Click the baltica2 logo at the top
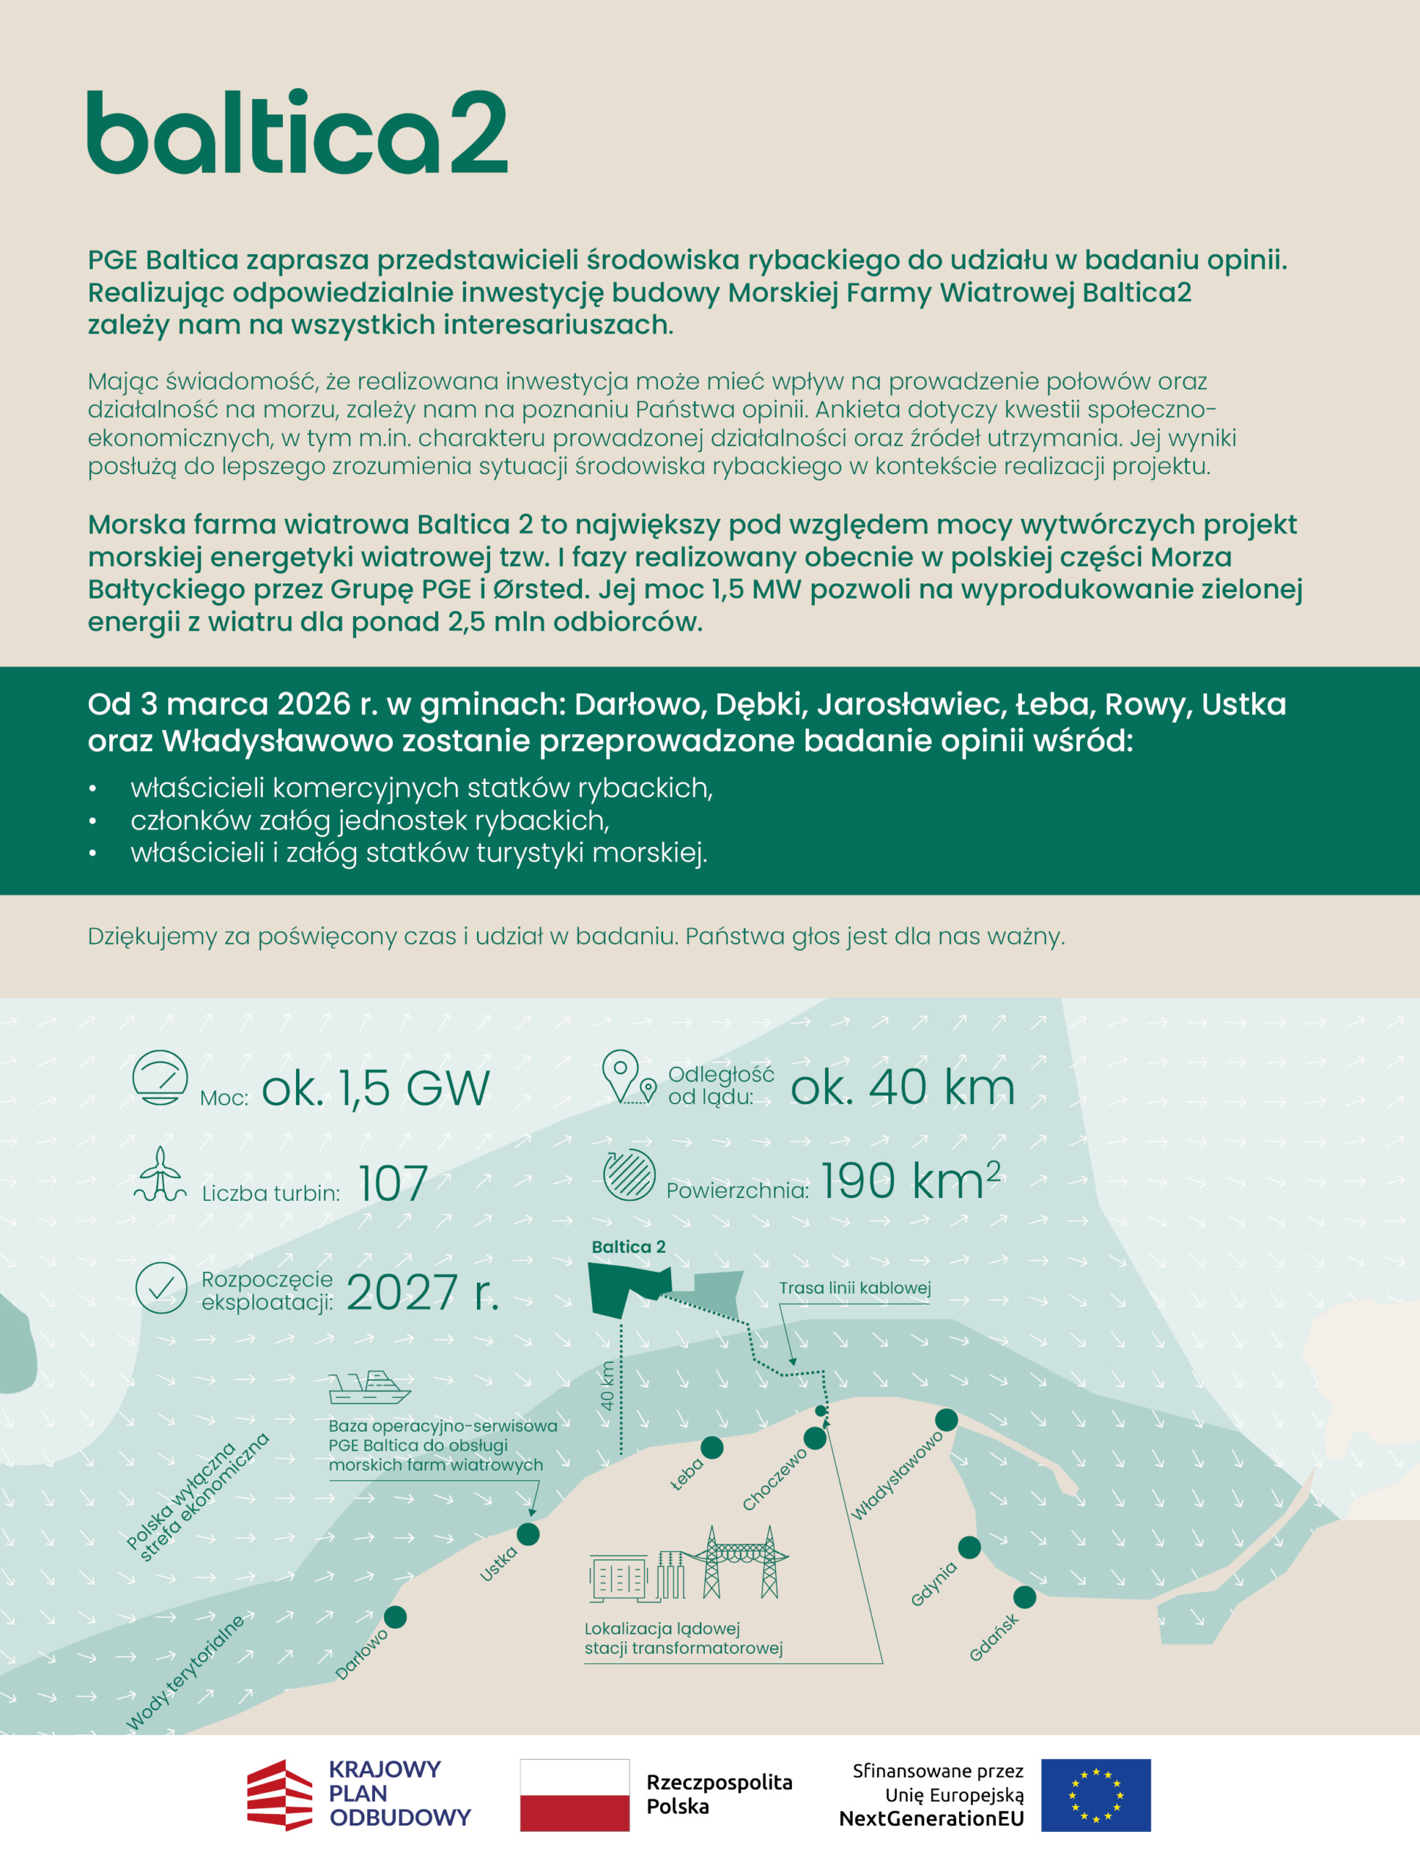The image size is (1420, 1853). tap(297, 132)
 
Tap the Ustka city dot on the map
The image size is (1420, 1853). tap(528, 1534)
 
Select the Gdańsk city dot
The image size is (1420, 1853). tap(1024, 1597)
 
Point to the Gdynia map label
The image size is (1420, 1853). tap(934, 1583)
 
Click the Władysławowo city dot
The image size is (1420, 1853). tap(946, 1419)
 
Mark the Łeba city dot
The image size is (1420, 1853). tap(713, 1447)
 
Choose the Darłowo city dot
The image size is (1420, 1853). tap(394, 1616)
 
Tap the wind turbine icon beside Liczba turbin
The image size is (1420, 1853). tap(160, 1174)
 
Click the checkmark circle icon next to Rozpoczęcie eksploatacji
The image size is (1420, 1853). tap(161, 1288)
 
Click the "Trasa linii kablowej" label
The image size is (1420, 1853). tap(855, 1288)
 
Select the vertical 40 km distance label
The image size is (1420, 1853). tap(607, 1385)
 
